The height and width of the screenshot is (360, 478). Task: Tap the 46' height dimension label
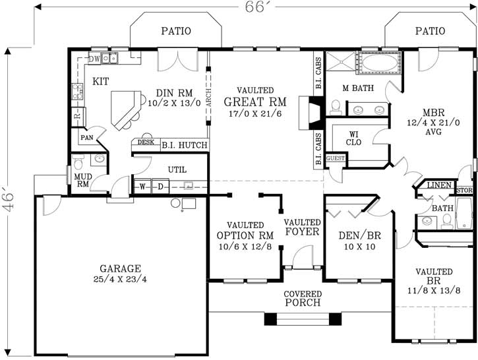(8, 198)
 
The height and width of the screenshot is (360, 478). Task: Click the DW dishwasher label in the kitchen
(94, 59)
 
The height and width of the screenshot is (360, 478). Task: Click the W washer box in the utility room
(142, 187)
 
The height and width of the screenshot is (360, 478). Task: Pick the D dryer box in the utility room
(160, 187)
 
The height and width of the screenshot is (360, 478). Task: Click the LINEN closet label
(438, 187)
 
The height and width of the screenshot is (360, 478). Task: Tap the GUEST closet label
(336, 159)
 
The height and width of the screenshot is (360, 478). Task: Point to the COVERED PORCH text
(303, 298)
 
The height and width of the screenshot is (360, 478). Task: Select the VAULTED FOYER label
(302, 227)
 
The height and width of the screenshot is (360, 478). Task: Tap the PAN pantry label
(86, 138)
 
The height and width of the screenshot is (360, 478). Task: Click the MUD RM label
(82, 181)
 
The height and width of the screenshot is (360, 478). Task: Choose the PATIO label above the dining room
(176, 30)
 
